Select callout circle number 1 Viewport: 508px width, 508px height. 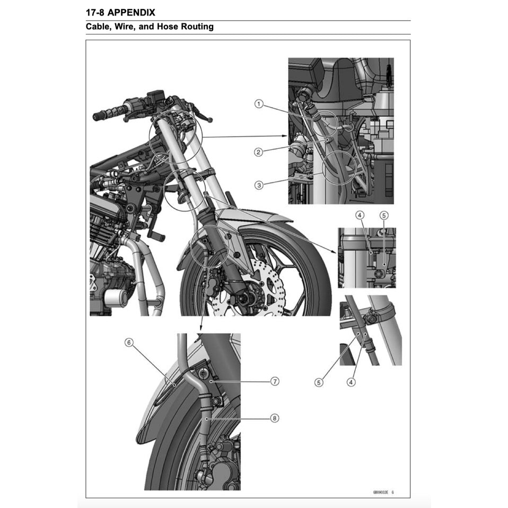258,104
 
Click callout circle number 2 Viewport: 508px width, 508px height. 258,152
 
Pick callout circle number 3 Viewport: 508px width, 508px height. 258,185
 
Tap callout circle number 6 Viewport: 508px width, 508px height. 128,343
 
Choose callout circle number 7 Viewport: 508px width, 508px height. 275,381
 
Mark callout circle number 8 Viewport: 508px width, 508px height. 275,418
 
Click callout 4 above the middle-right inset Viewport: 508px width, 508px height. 360,215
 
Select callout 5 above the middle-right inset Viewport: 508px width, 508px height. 384,215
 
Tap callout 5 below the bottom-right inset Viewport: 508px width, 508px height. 319,382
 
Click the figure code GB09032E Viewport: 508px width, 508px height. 380,492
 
